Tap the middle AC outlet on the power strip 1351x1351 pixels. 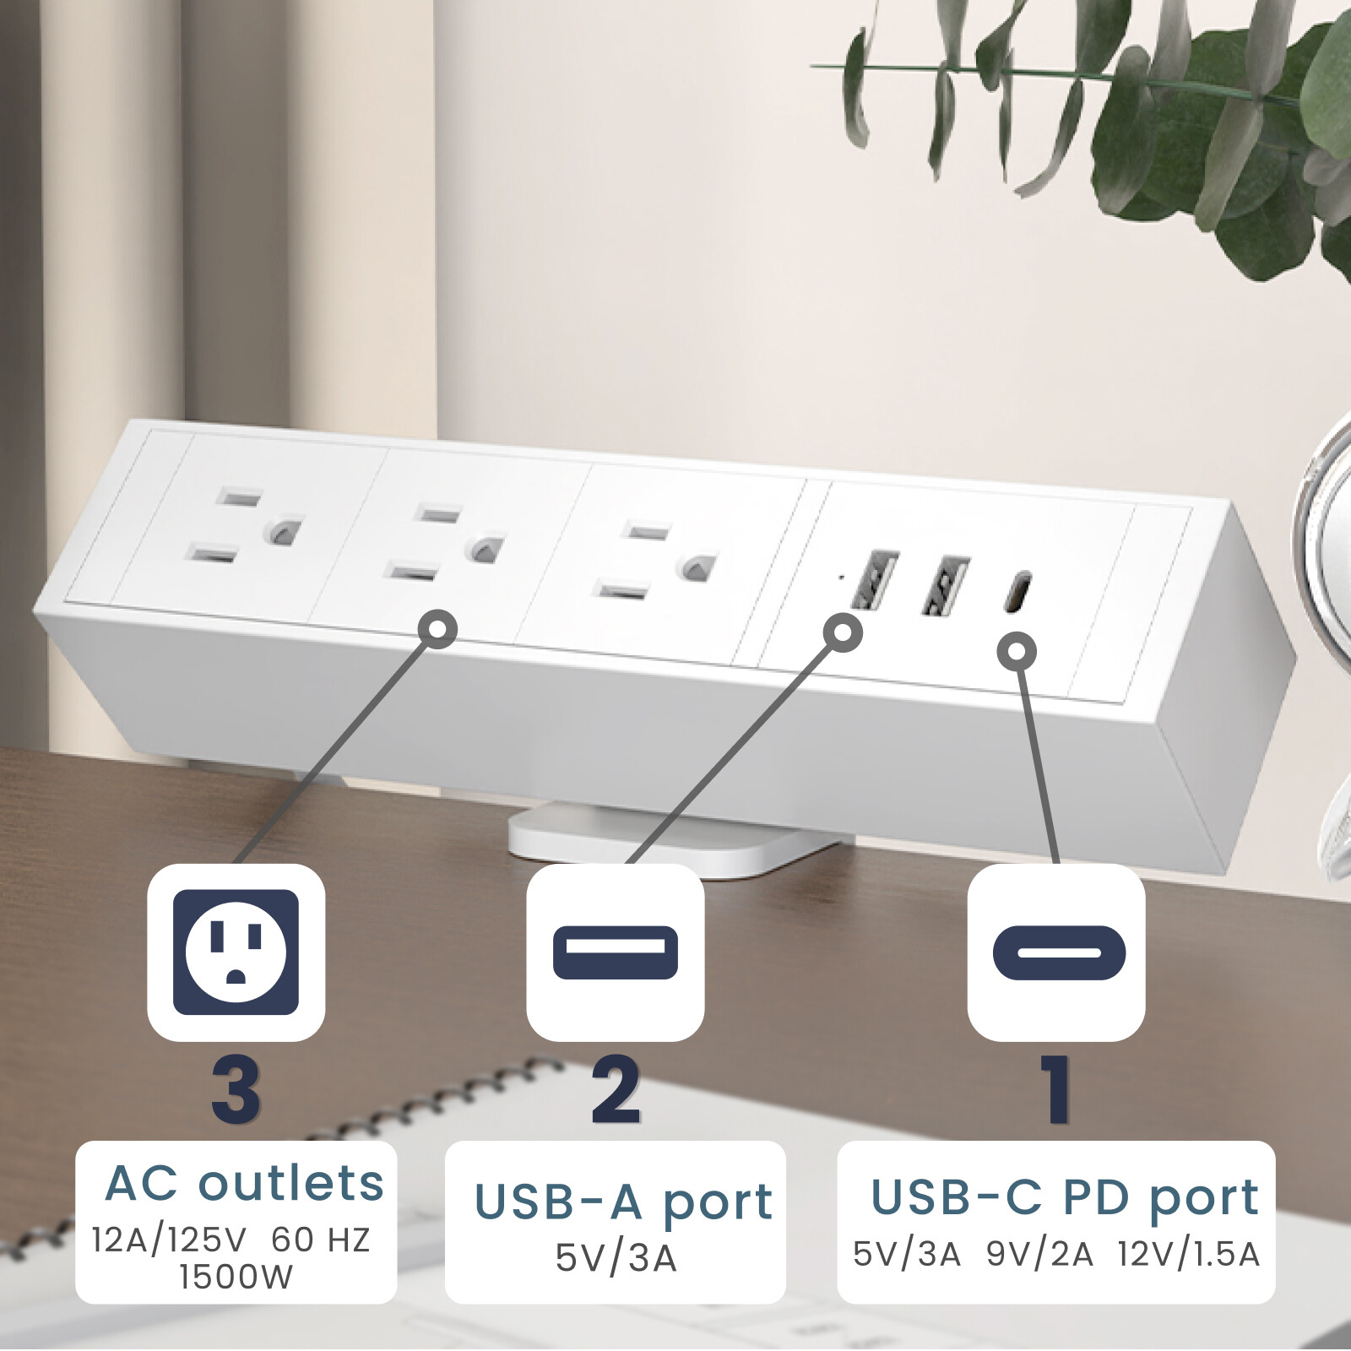(x=446, y=545)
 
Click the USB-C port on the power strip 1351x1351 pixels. (x=1018, y=591)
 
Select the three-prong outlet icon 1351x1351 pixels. (x=236, y=952)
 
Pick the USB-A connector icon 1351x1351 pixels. (x=615, y=952)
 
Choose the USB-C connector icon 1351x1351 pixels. (x=1058, y=952)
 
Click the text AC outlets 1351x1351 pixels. (x=245, y=1183)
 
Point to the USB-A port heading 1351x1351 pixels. (x=623, y=1202)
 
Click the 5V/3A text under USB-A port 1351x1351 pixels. (x=616, y=1258)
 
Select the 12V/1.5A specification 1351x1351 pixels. (x=1188, y=1255)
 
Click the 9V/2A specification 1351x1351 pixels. (x=1039, y=1255)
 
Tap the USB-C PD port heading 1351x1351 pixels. (x=1065, y=1197)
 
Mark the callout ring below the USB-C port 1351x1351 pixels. (x=1017, y=651)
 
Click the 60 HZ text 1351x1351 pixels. (x=321, y=1240)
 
